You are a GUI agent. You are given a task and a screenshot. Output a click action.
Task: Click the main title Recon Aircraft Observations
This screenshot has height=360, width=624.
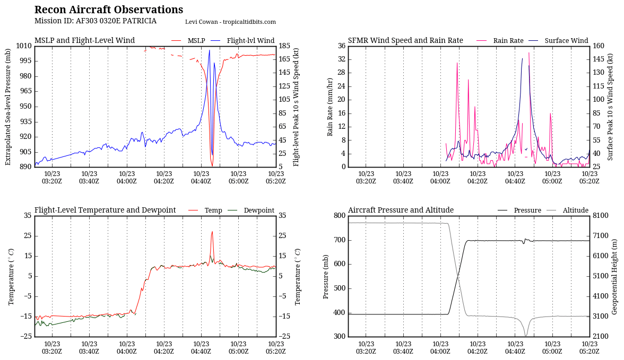point(109,10)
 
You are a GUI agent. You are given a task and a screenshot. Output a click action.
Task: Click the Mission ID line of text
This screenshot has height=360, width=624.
point(96,21)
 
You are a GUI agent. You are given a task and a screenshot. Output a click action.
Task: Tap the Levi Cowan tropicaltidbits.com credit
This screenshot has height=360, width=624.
point(230,22)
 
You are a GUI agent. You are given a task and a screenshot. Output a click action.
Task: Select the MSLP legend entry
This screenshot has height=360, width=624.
point(196,41)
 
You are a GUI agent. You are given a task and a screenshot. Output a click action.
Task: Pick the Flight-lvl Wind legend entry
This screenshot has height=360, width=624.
point(250,41)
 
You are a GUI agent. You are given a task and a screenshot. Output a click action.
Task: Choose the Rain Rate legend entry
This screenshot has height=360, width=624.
point(508,41)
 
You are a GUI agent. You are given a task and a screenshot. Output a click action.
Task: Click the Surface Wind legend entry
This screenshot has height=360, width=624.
point(566,41)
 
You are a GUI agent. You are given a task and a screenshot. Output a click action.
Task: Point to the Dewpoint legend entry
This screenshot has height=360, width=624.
point(259,210)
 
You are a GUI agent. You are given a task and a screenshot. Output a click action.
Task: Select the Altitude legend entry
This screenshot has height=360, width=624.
point(575,210)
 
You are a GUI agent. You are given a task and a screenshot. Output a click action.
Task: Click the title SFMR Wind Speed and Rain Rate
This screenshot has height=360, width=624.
point(405,41)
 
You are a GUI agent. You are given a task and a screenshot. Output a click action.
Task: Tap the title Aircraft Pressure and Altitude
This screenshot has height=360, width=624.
point(401,210)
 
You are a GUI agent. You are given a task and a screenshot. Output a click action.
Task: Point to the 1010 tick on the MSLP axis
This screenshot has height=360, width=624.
point(24,46)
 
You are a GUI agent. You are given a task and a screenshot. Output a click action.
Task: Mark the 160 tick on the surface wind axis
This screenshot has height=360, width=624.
point(598,46)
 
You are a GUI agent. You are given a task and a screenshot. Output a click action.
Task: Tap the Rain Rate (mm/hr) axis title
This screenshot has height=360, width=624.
point(330,107)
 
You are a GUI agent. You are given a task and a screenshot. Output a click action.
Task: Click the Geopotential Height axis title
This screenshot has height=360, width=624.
point(614,276)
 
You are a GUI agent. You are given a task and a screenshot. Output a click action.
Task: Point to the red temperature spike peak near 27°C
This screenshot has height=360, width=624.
point(212,231)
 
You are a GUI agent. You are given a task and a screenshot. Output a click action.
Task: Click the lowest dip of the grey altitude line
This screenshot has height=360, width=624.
point(526,336)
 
